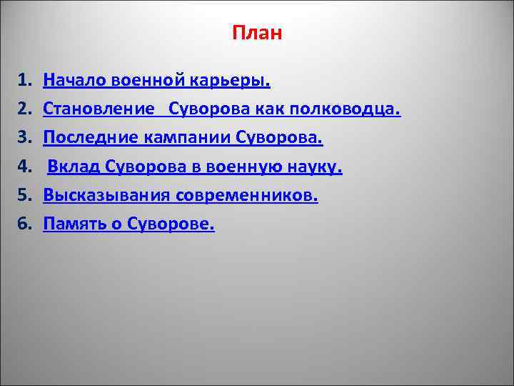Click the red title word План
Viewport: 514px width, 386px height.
tap(257, 34)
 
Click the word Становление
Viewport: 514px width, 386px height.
tap(99, 109)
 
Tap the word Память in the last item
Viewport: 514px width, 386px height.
tap(71, 224)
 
